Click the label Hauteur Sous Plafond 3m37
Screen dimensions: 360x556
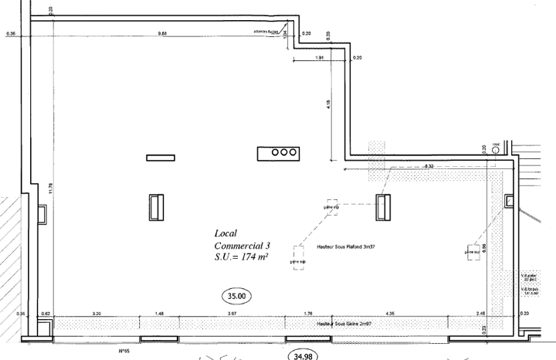(347, 247)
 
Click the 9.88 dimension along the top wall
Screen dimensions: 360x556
(163, 33)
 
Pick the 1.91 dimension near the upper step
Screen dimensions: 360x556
(319, 59)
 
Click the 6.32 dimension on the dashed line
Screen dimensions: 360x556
(429, 166)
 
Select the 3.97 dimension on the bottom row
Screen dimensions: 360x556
(232, 313)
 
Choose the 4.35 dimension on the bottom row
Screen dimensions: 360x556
(391, 313)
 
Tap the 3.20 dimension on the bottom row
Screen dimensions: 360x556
(97, 313)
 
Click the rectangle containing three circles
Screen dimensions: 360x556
(279, 153)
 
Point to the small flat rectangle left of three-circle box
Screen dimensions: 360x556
(161, 158)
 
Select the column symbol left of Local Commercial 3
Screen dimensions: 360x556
(157, 207)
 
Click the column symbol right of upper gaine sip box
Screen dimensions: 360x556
(383, 206)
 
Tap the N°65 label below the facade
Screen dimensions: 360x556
(123, 350)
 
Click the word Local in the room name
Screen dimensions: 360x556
(226, 233)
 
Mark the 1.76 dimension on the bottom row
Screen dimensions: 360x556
(307, 313)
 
